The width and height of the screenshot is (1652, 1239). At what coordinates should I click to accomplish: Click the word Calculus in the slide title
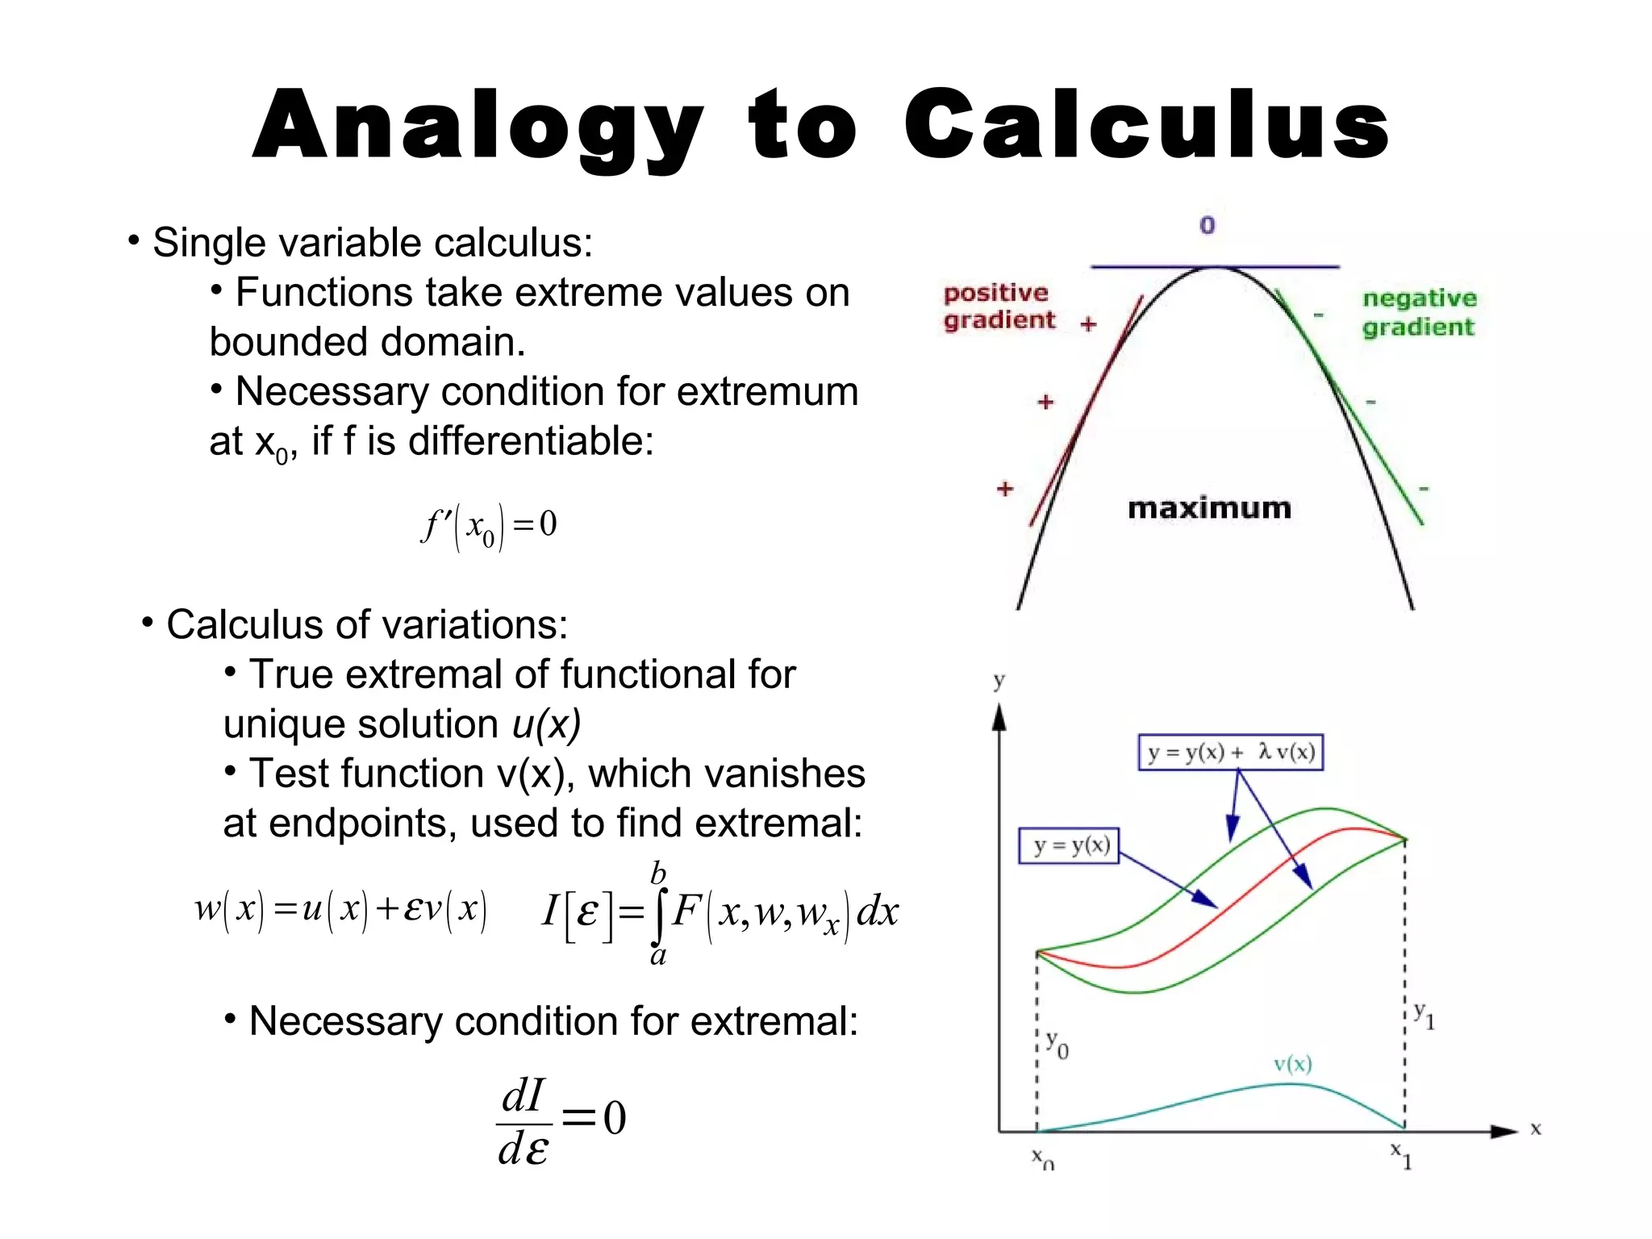[1146, 126]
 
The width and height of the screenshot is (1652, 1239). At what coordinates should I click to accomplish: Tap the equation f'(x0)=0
[489, 526]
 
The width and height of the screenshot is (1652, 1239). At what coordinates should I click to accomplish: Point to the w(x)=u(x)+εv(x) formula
[340, 909]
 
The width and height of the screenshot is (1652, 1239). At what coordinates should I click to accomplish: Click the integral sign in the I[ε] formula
[659, 912]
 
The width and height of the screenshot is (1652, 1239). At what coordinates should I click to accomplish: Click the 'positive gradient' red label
[999, 307]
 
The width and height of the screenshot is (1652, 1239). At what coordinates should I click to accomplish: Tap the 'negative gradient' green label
[1420, 312]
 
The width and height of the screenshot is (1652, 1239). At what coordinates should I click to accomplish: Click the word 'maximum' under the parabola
[1209, 508]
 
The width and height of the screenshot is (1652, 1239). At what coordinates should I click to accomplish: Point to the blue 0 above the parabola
[1207, 225]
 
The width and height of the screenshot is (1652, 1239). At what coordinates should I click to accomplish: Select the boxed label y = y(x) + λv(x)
[1230, 752]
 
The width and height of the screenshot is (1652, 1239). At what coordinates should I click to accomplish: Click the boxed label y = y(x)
[1070, 845]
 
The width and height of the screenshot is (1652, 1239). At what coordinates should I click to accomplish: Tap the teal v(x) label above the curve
[1292, 1064]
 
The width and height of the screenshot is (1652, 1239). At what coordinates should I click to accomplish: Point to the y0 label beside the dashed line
[1057, 1044]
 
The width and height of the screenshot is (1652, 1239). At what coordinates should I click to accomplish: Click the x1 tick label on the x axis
[1401, 1154]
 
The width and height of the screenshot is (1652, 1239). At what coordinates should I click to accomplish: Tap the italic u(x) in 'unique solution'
[546, 724]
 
